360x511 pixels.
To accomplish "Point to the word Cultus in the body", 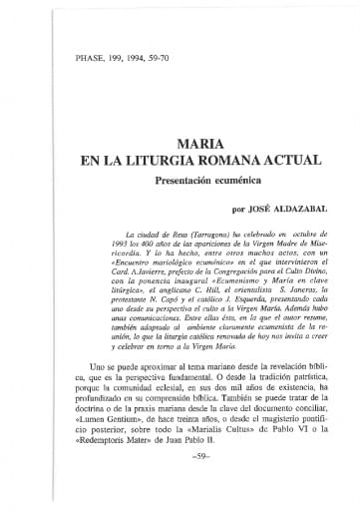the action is [229, 466].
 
